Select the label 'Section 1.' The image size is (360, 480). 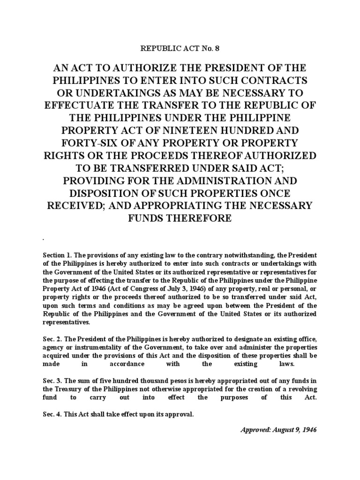coord(57,255)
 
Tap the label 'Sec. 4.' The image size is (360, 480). coord(52,414)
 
